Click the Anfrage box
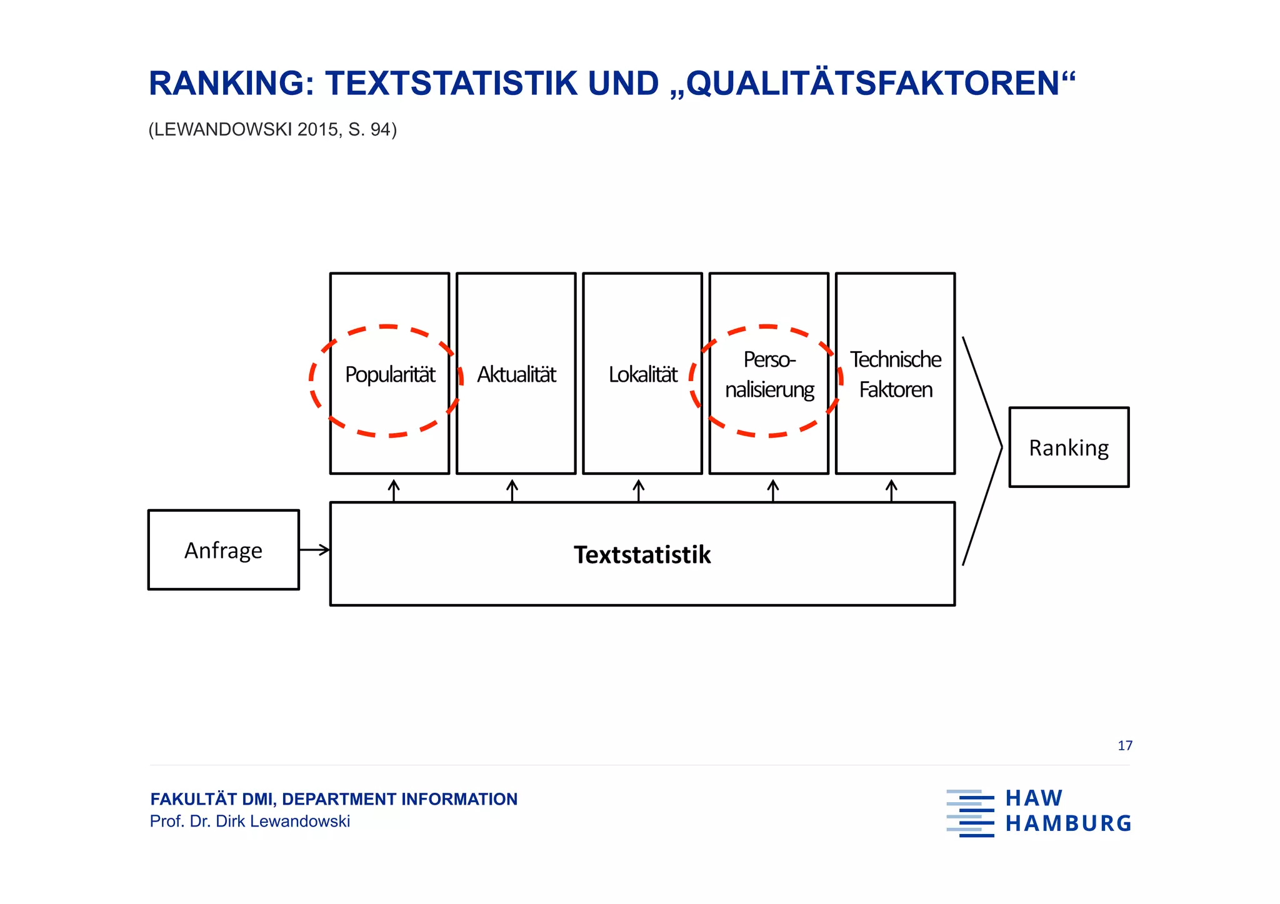click(223, 550)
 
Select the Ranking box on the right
click(1069, 447)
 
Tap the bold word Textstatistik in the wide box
click(642, 555)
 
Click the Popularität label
click(390, 375)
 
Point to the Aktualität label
click(516, 375)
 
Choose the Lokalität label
click(642, 375)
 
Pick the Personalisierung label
click(769, 375)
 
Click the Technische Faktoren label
click(895, 375)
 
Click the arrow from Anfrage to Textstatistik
click(314, 550)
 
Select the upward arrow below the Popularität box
click(394, 490)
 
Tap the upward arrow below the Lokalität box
click(638, 490)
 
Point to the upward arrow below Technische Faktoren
click(891, 490)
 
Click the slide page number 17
click(1124, 745)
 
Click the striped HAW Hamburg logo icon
click(970, 813)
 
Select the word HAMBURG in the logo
click(1068, 824)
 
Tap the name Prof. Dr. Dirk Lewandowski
click(249, 822)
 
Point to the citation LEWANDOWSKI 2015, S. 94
click(272, 129)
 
